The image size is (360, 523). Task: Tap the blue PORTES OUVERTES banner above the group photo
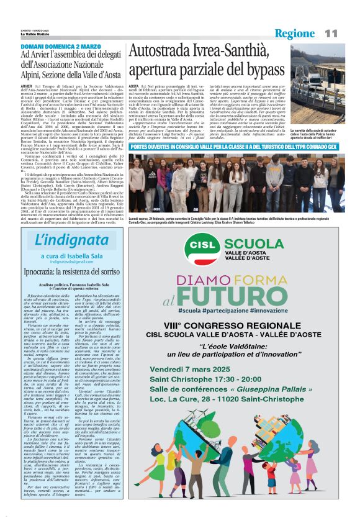(x=236, y=147)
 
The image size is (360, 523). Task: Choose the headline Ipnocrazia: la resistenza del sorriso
(x=68, y=272)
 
